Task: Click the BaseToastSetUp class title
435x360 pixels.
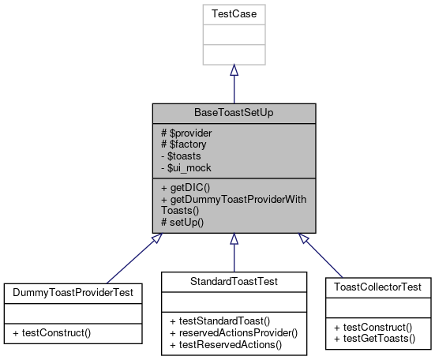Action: tap(233, 114)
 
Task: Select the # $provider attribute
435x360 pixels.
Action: tap(186, 133)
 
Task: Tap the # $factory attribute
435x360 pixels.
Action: tap(182, 144)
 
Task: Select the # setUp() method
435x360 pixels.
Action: tap(182, 222)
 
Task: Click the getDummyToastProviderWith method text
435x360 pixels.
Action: tap(233, 200)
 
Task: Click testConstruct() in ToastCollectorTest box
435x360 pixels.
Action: tap(373, 327)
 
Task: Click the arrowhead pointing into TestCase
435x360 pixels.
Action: tap(233, 70)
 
